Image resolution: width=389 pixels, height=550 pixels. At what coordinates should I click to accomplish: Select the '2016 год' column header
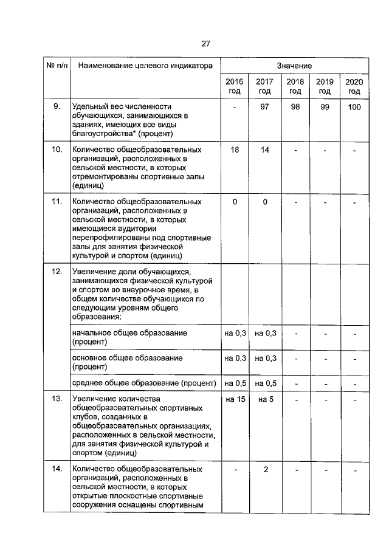(234, 86)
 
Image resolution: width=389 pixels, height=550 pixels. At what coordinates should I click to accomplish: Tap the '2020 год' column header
(354, 86)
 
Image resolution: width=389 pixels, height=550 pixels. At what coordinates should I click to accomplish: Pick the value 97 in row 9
(265, 107)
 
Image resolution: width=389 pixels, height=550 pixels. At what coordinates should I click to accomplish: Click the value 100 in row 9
(354, 107)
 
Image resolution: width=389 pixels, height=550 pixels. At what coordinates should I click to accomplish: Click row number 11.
(57, 201)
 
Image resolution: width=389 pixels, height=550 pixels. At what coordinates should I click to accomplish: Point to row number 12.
(57, 270)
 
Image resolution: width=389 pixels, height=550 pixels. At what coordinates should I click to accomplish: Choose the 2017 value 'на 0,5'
(265, 383)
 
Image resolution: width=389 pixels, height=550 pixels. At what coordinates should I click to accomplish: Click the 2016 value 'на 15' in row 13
(234, 399)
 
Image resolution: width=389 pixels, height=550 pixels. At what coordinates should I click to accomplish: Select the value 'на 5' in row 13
(265, 399)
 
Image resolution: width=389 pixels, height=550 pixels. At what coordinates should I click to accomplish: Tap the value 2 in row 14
(265, 470)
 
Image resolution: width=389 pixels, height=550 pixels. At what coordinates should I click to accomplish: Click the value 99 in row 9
(325, 107)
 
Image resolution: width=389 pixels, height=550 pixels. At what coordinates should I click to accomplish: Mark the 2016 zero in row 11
(234, 201)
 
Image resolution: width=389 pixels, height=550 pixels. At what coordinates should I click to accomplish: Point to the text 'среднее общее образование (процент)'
(144, 383)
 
